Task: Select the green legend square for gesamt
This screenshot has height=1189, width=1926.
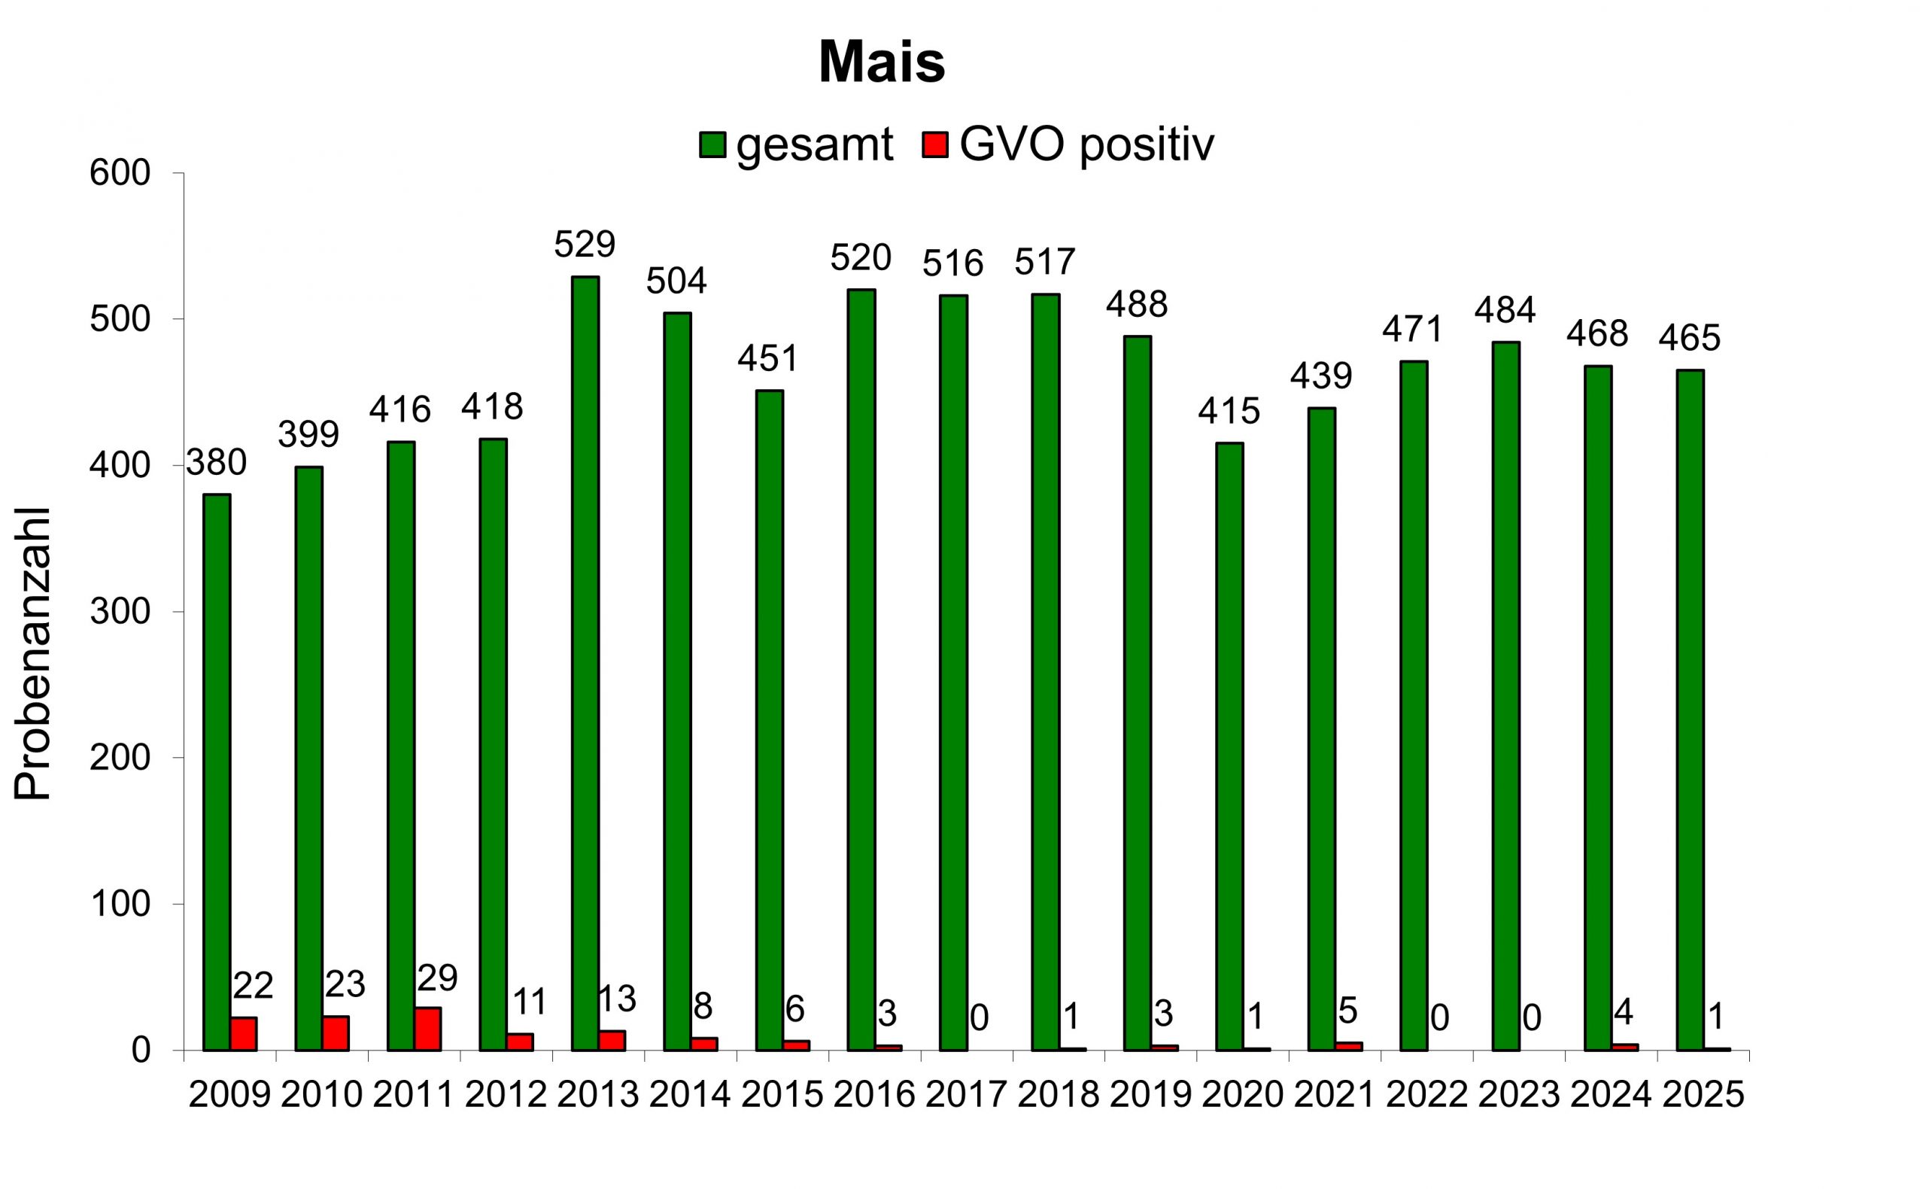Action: [x=712, y=144]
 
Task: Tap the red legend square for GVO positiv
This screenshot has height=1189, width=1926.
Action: [x=935, y=144]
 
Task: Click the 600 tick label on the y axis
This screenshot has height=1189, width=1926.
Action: [x=120, y=174]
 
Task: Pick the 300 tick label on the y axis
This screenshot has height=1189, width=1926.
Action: [x=120, y=612]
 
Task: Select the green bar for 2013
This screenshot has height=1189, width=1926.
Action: [x=585, y=663]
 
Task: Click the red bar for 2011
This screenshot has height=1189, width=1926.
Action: [x=427, y=1029]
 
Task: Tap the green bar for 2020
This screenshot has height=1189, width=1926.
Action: [x=1229, y=747]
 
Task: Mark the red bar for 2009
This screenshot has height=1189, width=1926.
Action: [x=244, y=1033]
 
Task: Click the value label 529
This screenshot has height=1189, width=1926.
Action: [x=584, y=245]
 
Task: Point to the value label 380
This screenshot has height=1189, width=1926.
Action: [x=216, y=463]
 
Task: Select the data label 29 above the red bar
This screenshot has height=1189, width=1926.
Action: [x=437, y=979]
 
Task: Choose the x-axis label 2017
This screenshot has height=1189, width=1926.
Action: [x=966, y=1096]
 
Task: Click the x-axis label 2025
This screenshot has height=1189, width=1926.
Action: [x=1703, y=1096]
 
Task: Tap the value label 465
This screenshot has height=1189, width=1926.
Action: [x=1689, y=338]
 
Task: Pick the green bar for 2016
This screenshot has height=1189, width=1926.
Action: [x=861, y=669]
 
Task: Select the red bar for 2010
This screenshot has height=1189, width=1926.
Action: [x=336, y=1033]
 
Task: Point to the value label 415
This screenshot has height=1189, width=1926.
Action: [x=1229, y=412]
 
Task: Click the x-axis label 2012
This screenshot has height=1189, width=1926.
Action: [x=506, y=1096]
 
